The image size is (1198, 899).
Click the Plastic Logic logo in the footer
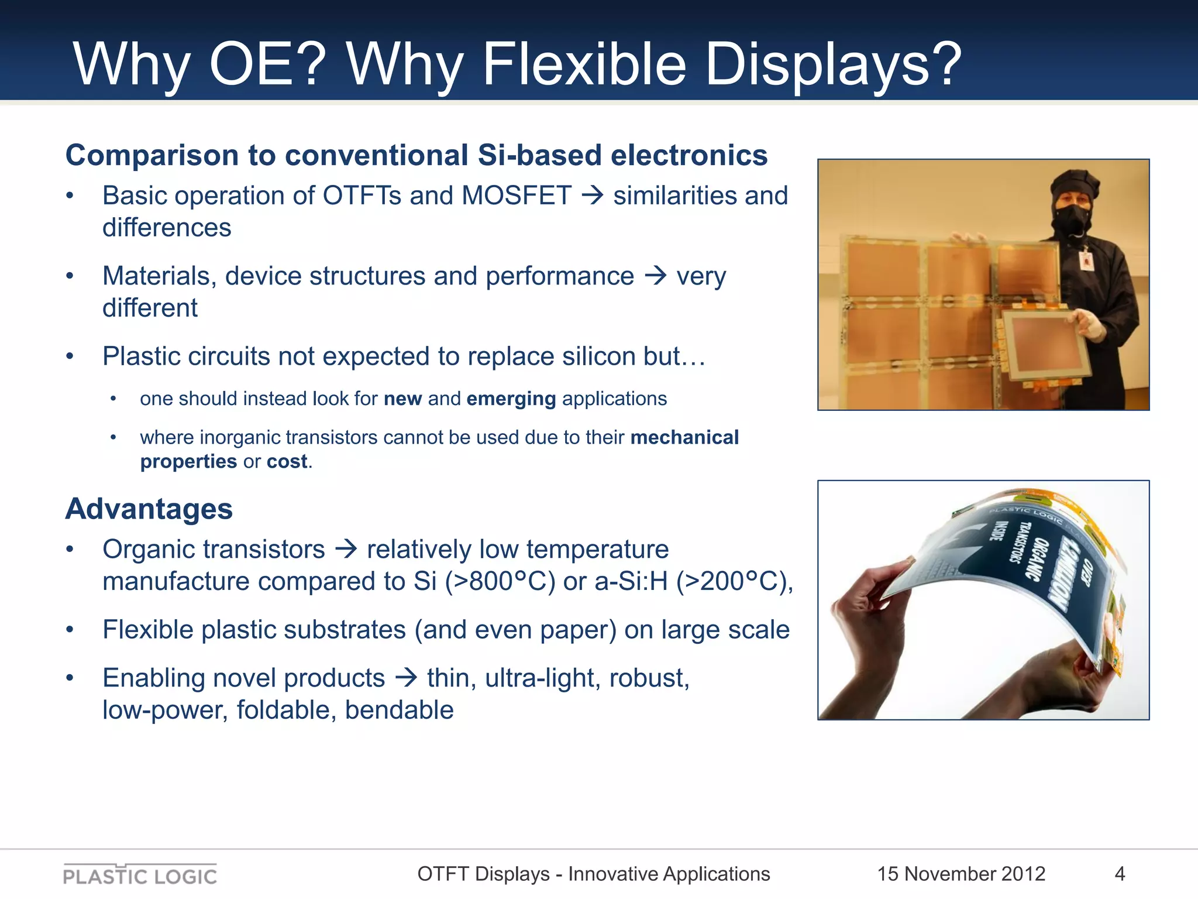point(140,875)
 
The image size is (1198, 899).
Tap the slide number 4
point(1120,874)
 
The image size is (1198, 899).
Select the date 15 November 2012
point(961,874)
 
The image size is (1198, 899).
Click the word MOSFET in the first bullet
point(516,196)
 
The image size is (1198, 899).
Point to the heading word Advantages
point(149,509)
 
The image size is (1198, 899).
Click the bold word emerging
point(511,399)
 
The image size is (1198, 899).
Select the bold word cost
point(287,462)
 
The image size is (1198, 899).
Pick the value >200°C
point(731,582)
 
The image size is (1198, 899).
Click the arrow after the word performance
point(655,275)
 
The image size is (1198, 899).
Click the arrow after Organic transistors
point(346,549)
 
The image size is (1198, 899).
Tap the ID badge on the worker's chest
point(1086,260)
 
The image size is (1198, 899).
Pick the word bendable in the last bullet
point(399,710)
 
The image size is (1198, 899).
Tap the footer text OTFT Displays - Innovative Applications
point(593,874)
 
